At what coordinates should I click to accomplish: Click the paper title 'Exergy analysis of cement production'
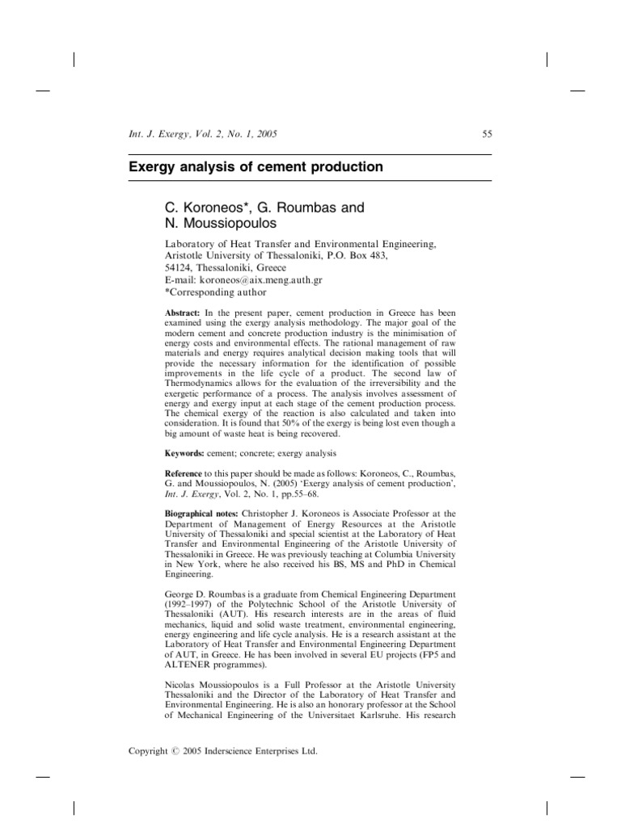pos(256,167)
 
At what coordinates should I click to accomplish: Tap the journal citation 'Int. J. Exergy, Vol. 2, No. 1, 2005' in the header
pos(203,134)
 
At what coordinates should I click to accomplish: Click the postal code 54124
pos(180,267)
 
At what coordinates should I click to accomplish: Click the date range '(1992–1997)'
pos(194,603)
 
